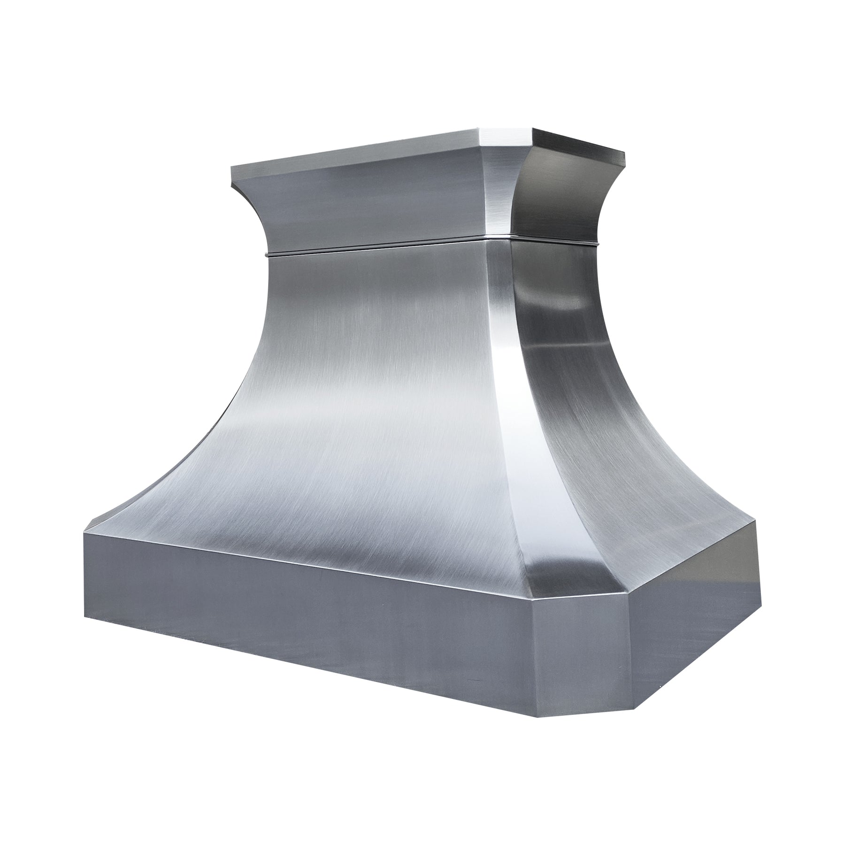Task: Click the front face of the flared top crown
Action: (376, 197)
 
